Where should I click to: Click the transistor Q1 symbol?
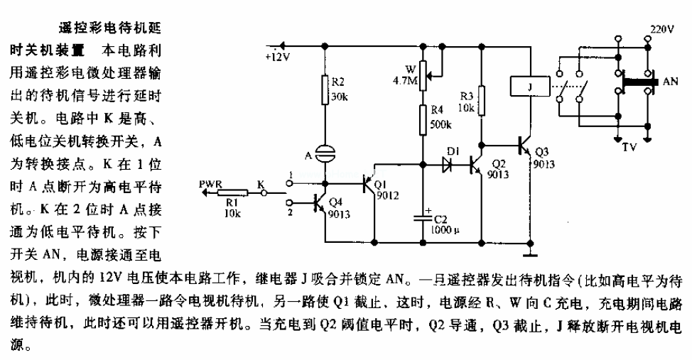point(370,184)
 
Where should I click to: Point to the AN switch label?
point(670,82)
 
